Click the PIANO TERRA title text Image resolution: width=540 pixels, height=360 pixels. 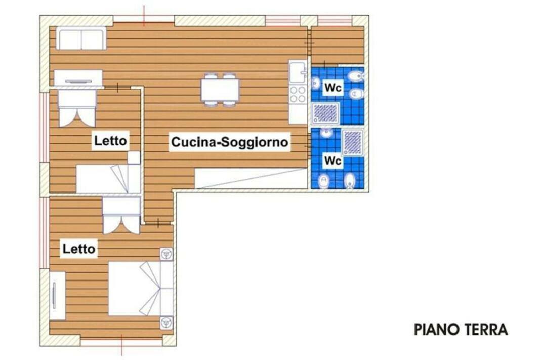(461, 329)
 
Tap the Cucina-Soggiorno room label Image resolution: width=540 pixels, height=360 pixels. (229, 142)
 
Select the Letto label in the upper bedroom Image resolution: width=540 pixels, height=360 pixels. (110, 141)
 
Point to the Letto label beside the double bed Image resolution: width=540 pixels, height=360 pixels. (78, 249)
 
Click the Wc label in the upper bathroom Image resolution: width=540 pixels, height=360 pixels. (333, 88)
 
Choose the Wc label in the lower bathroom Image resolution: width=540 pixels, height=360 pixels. (333, 161)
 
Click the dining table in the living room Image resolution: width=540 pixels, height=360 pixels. (221, 90)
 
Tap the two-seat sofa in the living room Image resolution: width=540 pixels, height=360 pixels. (81, 38)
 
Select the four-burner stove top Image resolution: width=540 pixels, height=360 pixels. (298, 94)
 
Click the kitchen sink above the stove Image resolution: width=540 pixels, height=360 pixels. (298, 72)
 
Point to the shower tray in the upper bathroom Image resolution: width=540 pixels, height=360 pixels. (325, 113)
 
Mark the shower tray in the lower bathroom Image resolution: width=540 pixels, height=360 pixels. (353, 142)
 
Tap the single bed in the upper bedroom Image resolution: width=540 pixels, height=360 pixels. (108, 178)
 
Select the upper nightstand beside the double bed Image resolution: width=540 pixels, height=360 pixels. (167, 254)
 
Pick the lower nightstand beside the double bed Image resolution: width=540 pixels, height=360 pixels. (167, 323)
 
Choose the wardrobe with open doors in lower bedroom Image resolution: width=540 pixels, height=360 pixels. (121, 216)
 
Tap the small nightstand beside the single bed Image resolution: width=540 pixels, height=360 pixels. (134, 157)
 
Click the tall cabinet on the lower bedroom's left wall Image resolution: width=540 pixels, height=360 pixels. (57, 296)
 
